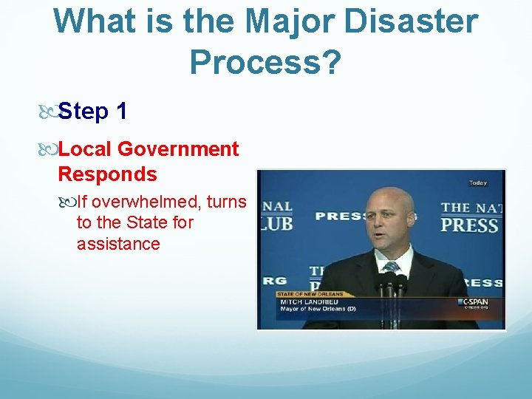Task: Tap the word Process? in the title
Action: tap(265, 63)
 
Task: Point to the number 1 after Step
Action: tap(122, 112)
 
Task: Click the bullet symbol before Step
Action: tap(47, 112)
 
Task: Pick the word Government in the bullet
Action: tap(178, 149)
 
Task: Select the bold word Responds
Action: tap(107, 174)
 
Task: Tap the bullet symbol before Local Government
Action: tap(47, 150)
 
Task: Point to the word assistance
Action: tap(118, 244)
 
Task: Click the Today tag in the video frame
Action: tap(477, 183)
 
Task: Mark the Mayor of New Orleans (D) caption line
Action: tap(318, 309)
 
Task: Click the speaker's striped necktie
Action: tap(391, 267)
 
